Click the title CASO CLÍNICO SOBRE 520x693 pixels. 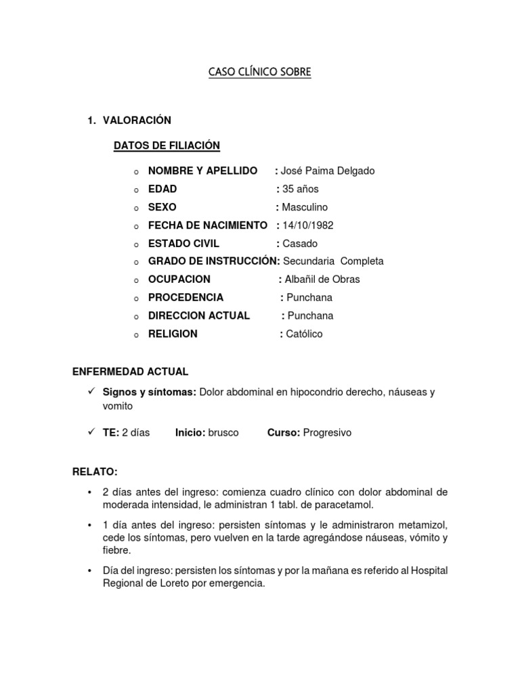260,72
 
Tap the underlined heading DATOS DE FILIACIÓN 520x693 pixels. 167,146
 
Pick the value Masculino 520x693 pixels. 305,207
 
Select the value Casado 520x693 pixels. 300,244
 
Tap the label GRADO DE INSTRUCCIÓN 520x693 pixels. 213,261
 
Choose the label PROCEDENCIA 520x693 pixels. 186,298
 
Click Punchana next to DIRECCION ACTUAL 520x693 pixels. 310,316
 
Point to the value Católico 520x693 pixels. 305,334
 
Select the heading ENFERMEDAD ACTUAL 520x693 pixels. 130,372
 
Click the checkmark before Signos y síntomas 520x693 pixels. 90,392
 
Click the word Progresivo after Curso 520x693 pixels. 327,432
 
